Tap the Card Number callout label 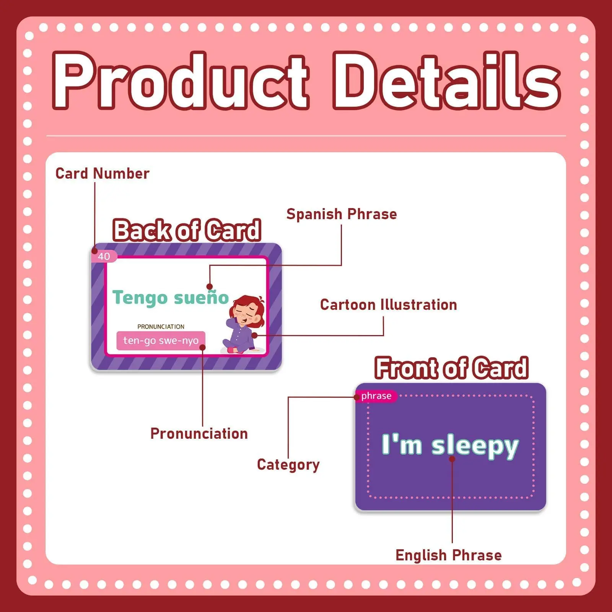point(103,174)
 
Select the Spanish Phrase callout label point(342,215)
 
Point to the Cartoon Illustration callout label point(389,305)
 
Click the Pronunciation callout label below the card point(199,434)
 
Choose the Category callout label point(288,465)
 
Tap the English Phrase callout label point(449,555)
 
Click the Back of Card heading point(187,230)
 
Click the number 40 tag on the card point(104,256)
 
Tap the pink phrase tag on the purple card point(376,396)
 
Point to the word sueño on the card point(201,298)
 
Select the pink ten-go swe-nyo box point(161,340)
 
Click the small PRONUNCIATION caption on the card point(161,327)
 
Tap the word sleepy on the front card point(475,447)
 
